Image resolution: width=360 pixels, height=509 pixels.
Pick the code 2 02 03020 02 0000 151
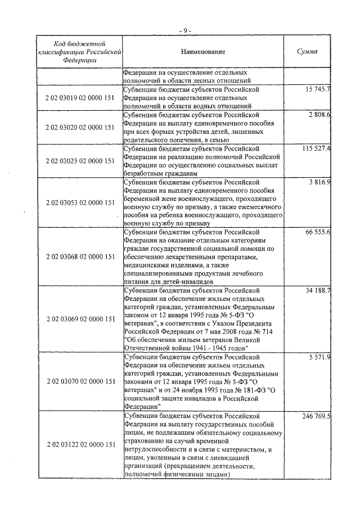(x=80, y=127)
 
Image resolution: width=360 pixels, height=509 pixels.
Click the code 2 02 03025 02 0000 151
(x=80, y=161)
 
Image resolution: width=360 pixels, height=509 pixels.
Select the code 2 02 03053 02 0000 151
(x=80, y=202)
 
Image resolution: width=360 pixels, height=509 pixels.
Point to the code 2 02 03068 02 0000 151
(x=80, y=256)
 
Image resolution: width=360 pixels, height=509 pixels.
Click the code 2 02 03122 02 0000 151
(x=80, y=444)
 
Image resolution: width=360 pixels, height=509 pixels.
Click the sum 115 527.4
(x=316, y=148)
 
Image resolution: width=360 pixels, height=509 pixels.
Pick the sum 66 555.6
(x=317, y=232)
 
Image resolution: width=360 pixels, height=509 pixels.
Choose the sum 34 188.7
(x=317, y=290)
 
